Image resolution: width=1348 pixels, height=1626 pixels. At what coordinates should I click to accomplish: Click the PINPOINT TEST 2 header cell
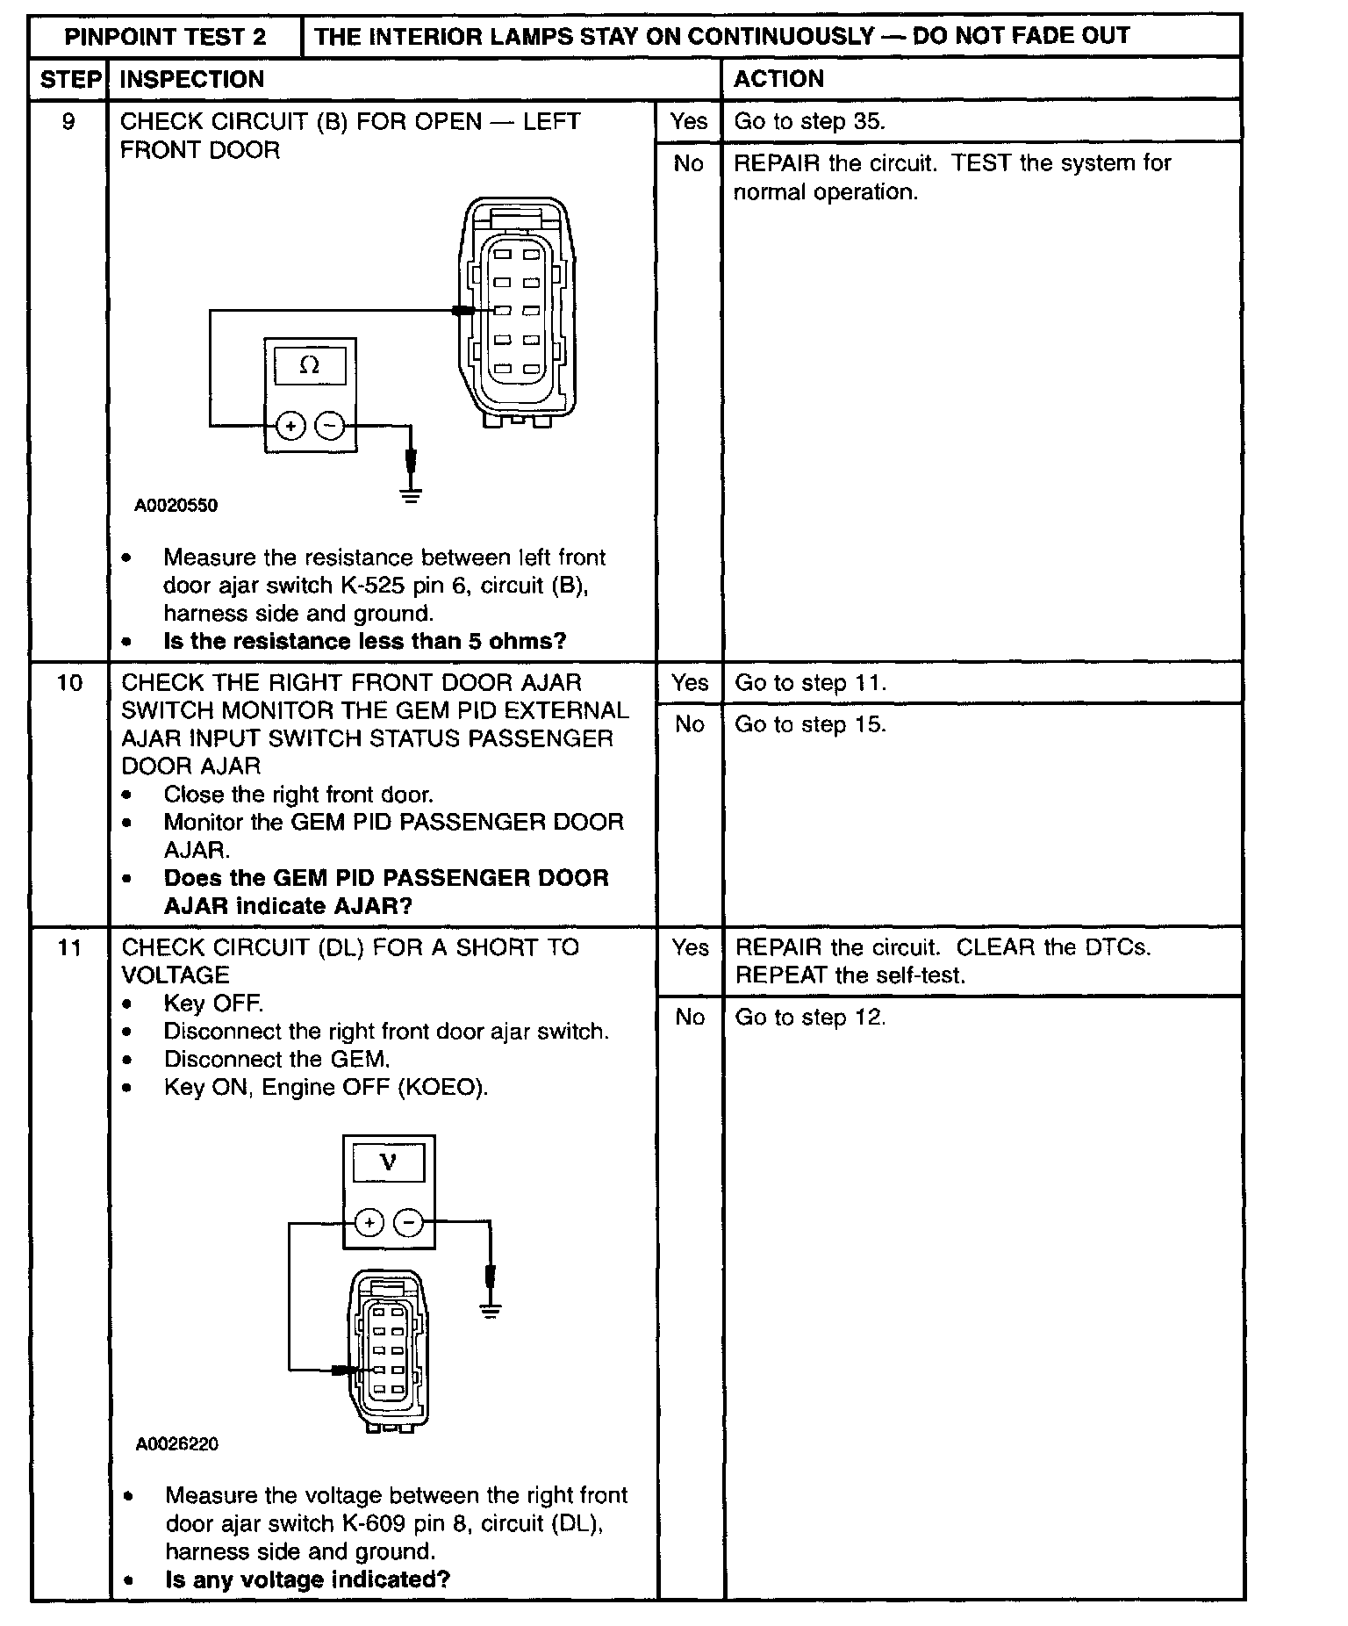pos(165,37)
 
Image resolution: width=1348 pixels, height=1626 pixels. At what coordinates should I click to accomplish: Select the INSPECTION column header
pos(191,80)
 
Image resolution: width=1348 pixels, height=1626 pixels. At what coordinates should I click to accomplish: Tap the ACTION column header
pos(778,80)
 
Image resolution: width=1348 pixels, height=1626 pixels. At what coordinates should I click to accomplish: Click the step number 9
pos(68,121)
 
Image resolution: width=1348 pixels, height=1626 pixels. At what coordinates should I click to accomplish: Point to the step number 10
pos(69,682)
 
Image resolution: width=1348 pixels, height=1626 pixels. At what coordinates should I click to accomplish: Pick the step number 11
pos(69,947)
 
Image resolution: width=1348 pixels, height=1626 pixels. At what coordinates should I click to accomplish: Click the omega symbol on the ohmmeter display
pos(310,365)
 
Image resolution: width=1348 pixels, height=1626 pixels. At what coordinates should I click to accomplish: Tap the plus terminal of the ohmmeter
pos(290,426)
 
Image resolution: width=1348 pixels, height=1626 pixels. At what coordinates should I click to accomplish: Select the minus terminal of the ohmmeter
pos(329,426)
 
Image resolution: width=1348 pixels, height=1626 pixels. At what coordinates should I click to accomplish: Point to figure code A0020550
pos(176,506)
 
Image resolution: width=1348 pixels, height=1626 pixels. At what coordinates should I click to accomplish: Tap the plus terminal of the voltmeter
pos(369,1222)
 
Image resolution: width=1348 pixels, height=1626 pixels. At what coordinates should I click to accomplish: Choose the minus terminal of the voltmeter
pos(408,1222)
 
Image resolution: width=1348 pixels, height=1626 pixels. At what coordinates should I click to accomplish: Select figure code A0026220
pos(177,1444)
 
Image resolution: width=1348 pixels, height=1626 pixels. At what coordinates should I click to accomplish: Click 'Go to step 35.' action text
pos(809,121)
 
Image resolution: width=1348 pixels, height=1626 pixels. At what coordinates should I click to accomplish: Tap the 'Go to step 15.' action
pos(810,725)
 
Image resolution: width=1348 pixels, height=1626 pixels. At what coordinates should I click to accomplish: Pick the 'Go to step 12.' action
pos(810,1018)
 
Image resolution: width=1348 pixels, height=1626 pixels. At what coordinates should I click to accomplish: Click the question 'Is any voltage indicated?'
pos(307,1579)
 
